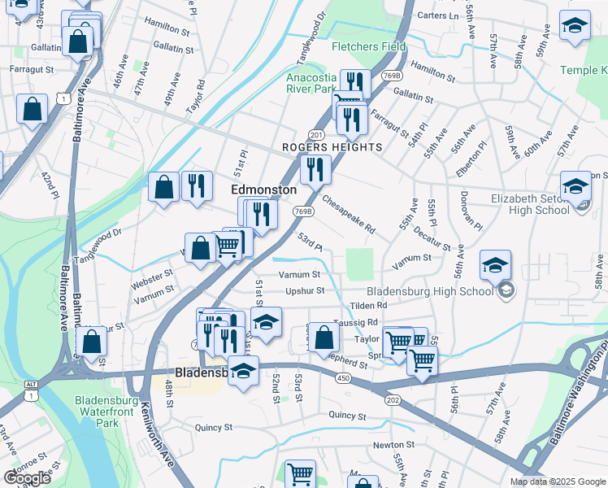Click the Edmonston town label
coord(264,189)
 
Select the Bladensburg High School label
coord(430,291)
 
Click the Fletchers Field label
coord(368,46)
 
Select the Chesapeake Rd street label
coord(348,214)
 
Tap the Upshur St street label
coord(305,290)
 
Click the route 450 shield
coord(344,377)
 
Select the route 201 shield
coord(316,134)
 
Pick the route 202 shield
coord(393,399)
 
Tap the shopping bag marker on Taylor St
coord(324,338)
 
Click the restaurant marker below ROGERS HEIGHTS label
coord(315,170)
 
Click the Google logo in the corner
coord(27,478)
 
